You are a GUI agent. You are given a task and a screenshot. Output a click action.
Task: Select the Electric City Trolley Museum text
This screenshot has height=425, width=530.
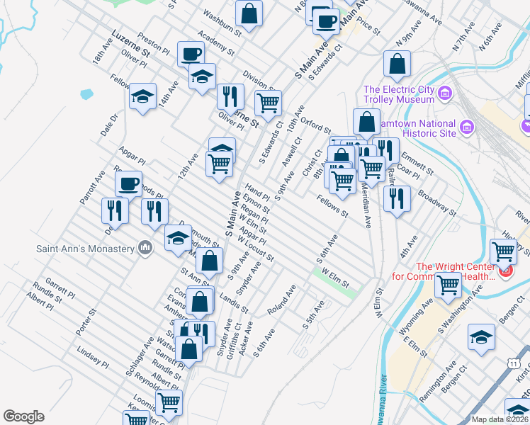click(398, 94)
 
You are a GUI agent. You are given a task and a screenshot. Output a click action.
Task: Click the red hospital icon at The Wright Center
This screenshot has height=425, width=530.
click(506, 270)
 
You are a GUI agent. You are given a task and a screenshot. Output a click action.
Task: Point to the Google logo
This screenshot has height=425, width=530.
click(24, 416)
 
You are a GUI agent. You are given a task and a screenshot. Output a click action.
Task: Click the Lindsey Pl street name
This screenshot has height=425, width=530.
click(93, 358)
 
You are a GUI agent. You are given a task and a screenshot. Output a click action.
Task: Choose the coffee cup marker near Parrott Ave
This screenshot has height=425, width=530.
click(128, 184)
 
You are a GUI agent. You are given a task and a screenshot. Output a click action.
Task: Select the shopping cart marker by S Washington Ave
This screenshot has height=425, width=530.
click(448, 285)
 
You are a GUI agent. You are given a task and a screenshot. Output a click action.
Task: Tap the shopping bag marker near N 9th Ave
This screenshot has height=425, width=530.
click(397, 64)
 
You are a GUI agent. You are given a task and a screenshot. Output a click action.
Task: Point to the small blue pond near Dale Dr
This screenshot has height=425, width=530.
click(86, 93)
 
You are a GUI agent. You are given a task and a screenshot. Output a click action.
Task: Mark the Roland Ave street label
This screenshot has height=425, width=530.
click(281, 300)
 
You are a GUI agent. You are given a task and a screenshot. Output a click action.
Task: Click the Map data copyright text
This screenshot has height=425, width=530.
click(500, 419)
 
